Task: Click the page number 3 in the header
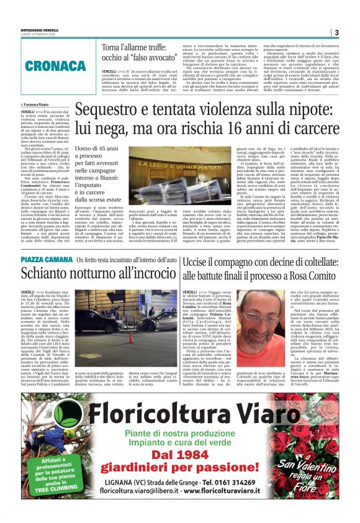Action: pyautogui.click(x=336, y=32)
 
